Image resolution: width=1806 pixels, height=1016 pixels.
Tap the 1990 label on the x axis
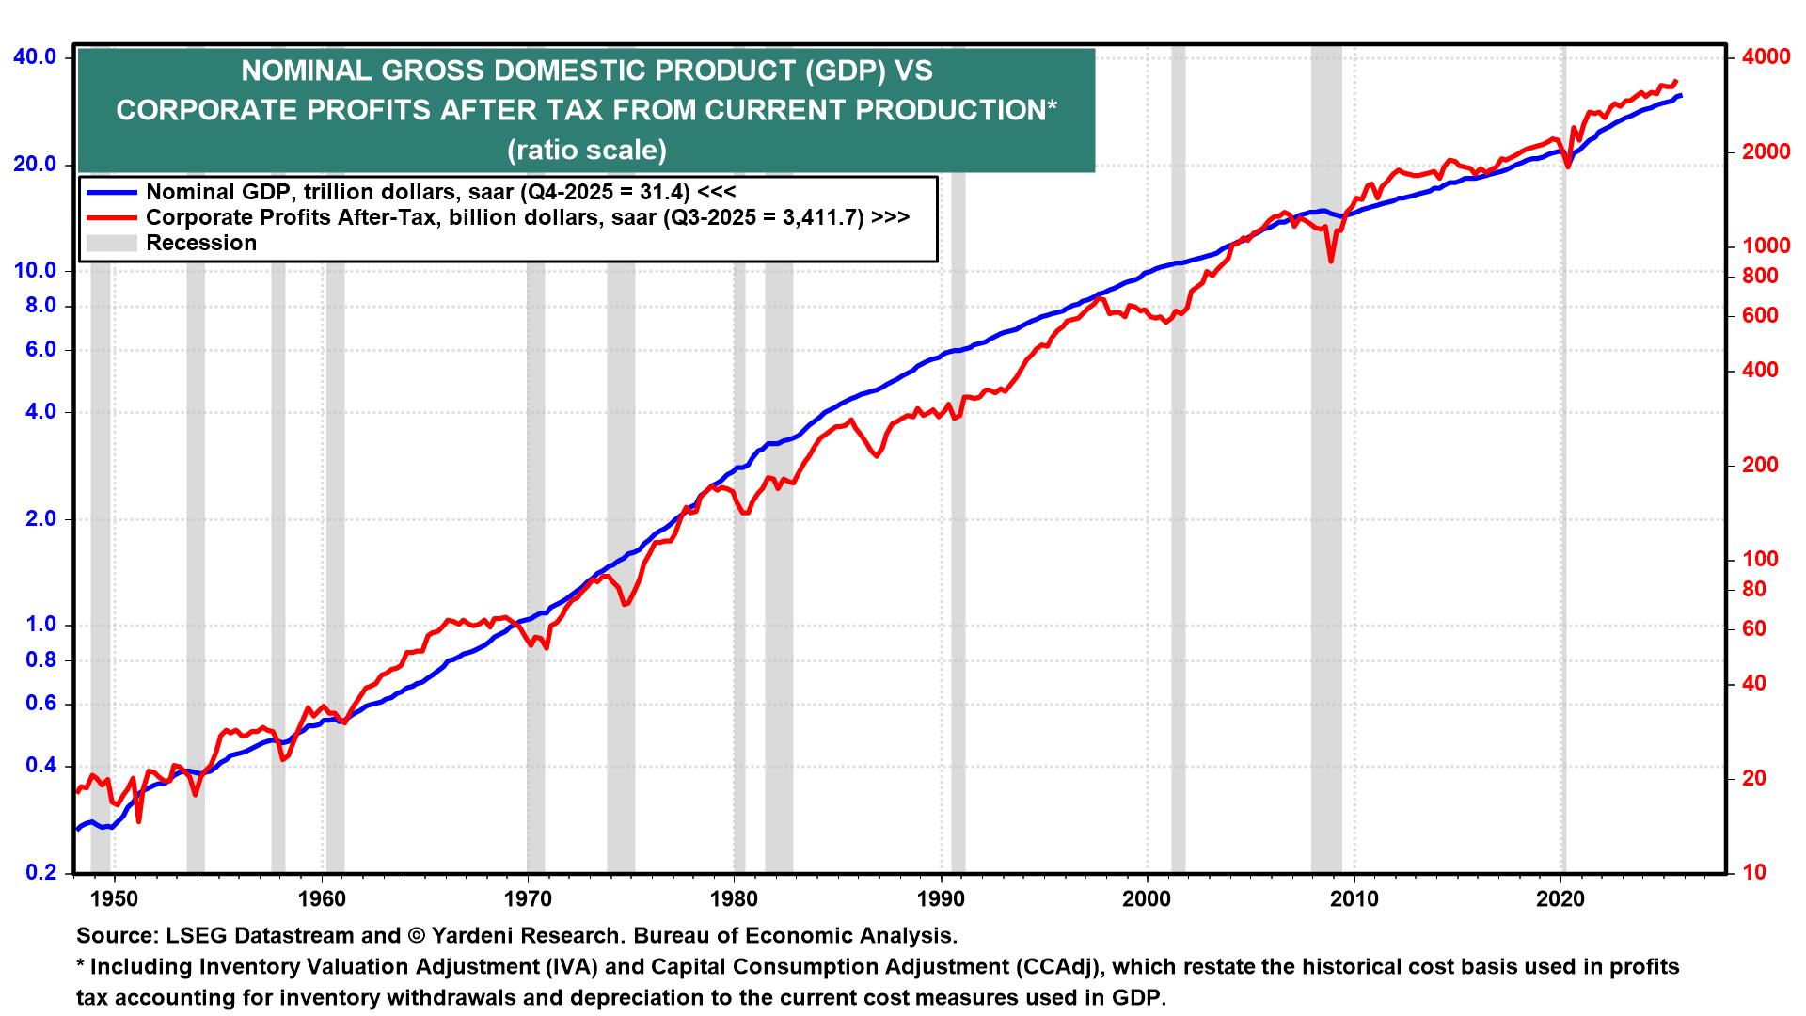941,899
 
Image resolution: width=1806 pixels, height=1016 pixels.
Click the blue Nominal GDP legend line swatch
111,192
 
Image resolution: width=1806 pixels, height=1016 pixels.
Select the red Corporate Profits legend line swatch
111,217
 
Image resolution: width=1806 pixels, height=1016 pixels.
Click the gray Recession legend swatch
111,243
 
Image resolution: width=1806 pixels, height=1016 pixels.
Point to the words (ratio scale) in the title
587,151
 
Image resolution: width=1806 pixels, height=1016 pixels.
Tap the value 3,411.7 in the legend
816,217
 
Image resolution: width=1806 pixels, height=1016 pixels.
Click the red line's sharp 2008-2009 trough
1331,262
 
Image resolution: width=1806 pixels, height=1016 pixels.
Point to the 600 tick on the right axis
1760,315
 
